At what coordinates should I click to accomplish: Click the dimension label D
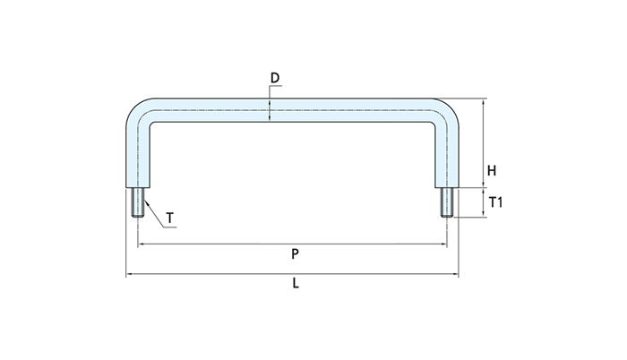tap(275, 78)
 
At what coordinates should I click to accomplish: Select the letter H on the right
tap(492, 170)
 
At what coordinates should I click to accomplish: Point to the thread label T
tap(170, 218)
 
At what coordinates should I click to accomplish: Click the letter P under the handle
tap(295, 253)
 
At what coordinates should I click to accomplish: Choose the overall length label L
tap(295, 285)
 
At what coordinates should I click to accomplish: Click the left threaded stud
tap(139, 202)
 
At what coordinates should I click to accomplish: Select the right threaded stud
tap(446, 202)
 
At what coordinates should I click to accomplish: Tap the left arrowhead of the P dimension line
tap(142, 243)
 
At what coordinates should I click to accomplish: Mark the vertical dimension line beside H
tap(483, 143)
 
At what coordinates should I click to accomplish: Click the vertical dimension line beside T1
tap(483, 202)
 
